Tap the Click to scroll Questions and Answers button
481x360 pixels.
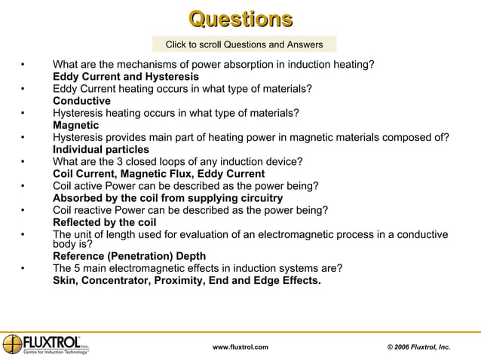tap(244, 44)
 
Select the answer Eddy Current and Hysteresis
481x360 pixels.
tap(126, 77)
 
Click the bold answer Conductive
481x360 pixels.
tap(81, 101)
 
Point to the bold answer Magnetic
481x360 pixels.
tap(75, 125)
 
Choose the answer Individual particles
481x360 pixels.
tap(100, 149)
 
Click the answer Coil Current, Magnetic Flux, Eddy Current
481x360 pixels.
tap(158, 174)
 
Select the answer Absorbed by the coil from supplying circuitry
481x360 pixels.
tap(167, 198)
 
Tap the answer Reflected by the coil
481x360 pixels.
tap(104, 222)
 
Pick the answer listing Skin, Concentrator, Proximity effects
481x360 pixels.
tap(186, 281)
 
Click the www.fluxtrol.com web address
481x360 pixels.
tap(240, 346)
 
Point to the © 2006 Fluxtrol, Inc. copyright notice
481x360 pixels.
tap(418, 346)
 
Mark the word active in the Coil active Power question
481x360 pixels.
tap(94, 186)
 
